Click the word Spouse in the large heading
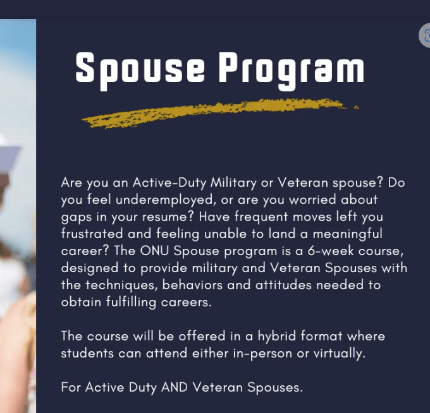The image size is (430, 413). [x=140, y=70]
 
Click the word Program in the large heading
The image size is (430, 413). [x=292, y=70]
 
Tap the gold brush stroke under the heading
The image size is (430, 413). [x=220, y=113]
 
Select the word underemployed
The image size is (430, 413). [x=164, y=200]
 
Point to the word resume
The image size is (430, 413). [x=168, y=217]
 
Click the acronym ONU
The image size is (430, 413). [x=154, y=251]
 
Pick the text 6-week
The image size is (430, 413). [x=331, y=251]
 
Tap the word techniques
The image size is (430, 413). [x=121, y=285]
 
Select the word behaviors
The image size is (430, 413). [x=192, y=285]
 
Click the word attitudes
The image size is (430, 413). [x=283, y=285]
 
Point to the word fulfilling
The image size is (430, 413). [x=131, y=302]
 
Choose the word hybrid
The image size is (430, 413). [x=277, y=337]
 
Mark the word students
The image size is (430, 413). [x=87, y=353]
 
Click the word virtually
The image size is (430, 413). [x=339, y=354]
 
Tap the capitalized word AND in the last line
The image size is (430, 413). [x=175, y=387]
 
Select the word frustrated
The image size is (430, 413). [x=92, y=234]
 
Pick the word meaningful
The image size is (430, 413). [x=347, y=234]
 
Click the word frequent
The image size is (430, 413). [x=261, y=217]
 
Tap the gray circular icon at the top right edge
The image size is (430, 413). [x=425, y=35]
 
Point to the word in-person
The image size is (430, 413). [x=262, y=354]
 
